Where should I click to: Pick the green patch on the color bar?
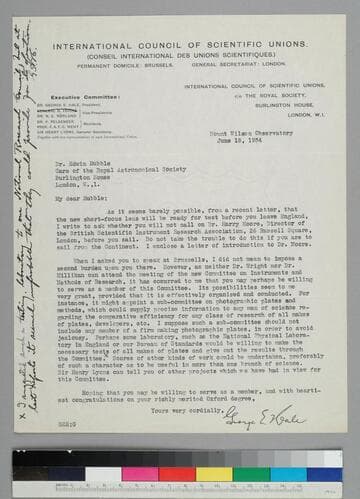pos(99,472)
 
